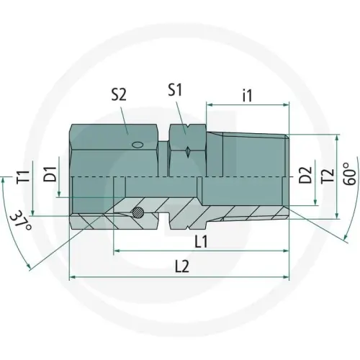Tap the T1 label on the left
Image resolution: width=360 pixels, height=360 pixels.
point(23,175)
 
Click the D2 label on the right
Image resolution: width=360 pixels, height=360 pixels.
point(305,175)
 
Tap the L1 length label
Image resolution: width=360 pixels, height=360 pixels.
point(201,241)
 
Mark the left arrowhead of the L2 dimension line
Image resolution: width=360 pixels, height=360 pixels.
point(71,277)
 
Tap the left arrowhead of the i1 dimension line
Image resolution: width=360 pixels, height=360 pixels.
point(210,104)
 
